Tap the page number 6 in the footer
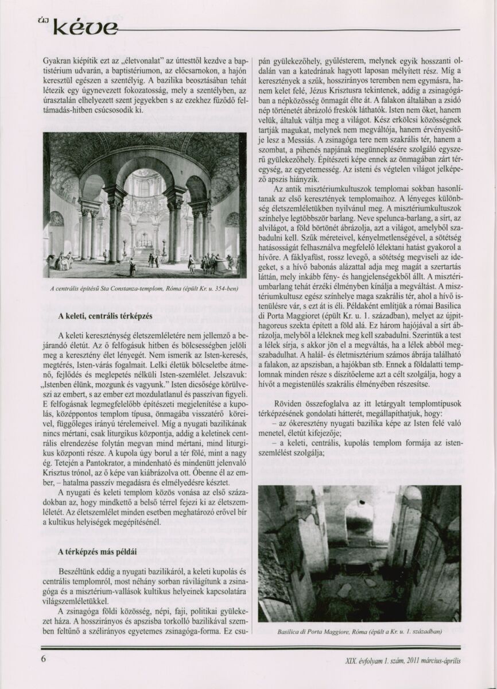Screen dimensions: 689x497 pyautogui.click(x=44, y=659)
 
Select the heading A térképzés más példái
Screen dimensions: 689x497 pyautogui.click(x=98, y=551)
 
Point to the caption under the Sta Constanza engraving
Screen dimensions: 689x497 pyautogui.click(x=143, y=288)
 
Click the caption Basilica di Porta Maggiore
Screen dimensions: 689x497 pyautogui.click(x=359, y=631)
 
